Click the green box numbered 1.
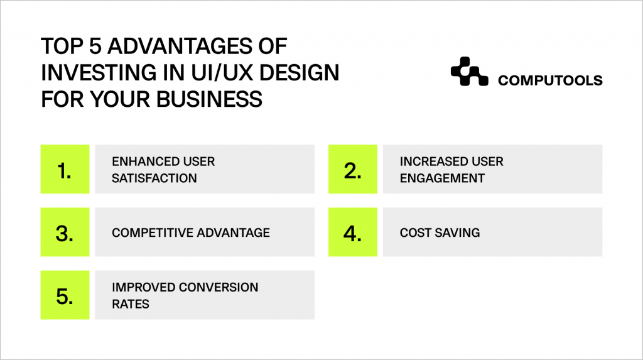65,169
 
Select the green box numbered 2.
353,169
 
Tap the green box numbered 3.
65,232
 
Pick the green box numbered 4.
353,232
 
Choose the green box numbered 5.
65,295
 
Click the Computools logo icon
469,72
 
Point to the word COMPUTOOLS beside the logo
550,80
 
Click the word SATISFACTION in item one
154,178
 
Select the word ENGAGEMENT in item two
442,178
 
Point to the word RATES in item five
130,303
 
